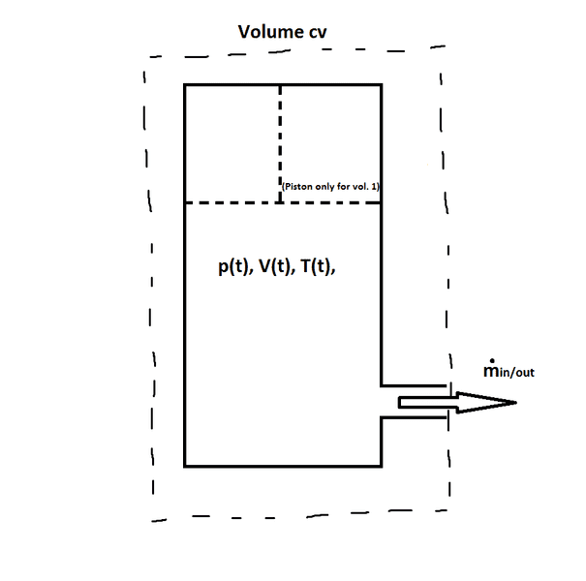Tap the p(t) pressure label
coord(231,269)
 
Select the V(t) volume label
coord(272,269)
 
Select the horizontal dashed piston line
coord(232,202)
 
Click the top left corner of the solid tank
coord(185,85)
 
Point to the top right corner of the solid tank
coord(381,85)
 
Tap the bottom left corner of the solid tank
coord(185,466)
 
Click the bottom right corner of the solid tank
coord(381,466)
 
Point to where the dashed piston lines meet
coord(280,202)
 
